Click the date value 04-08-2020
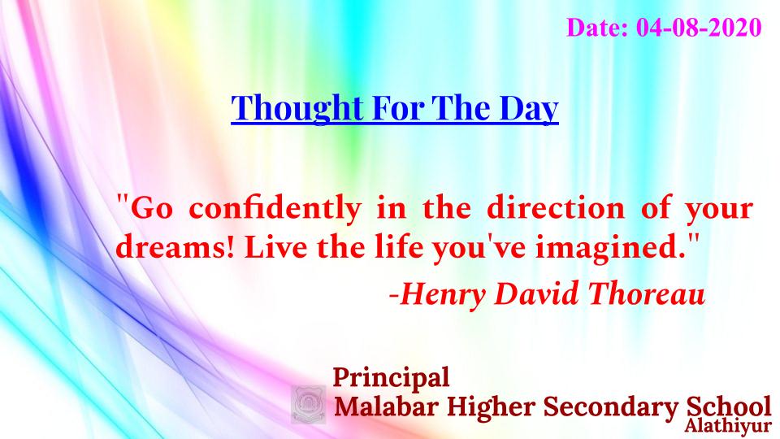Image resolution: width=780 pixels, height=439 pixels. click(699, 28)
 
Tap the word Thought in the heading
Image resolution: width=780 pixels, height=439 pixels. click(297, 108)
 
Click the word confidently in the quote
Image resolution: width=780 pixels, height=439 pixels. click(275, 209)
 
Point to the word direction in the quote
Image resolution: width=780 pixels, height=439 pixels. click(555, 207)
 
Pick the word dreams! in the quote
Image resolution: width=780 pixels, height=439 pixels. click(175, 246)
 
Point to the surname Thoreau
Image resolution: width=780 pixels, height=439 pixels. click(647, 293)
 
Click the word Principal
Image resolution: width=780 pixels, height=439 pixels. click(391, 378)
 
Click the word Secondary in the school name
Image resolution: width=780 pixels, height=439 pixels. click(610, 407)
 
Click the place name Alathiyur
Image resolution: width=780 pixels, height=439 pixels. click(728, 427)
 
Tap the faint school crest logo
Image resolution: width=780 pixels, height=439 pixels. click(309, 404)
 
